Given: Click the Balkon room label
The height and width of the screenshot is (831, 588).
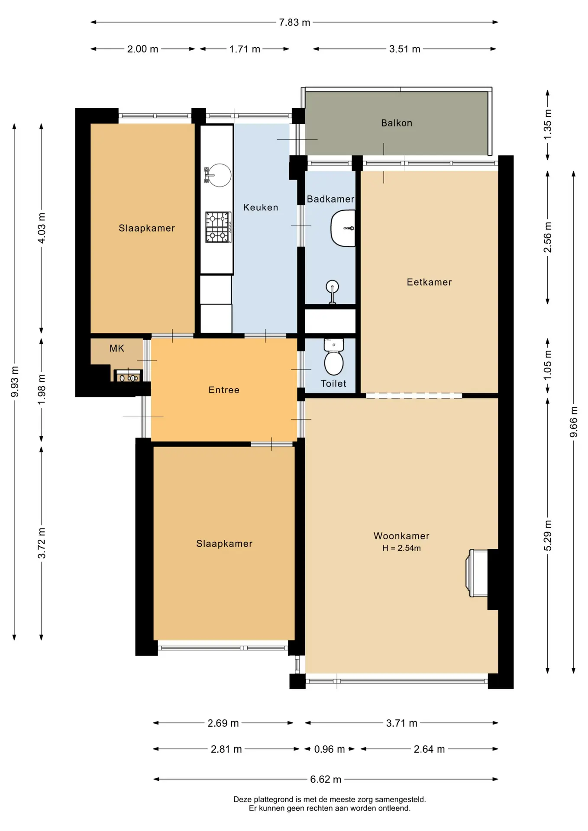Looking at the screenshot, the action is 396,123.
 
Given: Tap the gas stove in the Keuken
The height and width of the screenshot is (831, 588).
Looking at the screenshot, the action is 218,227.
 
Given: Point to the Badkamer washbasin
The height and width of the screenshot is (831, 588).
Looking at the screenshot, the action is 343,228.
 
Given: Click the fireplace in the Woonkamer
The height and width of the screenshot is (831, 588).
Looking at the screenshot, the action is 477,573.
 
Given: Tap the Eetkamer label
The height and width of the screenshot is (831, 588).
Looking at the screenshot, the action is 429,282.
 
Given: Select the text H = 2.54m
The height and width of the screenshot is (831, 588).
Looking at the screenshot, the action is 401,548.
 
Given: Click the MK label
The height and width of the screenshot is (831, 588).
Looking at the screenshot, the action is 117,348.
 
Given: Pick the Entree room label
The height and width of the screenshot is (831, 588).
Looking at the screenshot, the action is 224,390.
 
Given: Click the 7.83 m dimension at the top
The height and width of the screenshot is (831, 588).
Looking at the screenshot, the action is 294,23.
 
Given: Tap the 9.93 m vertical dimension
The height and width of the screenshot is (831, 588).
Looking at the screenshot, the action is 15,381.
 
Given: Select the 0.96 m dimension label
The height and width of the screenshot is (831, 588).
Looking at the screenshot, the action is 330,749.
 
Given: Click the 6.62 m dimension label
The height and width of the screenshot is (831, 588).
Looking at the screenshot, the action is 326,779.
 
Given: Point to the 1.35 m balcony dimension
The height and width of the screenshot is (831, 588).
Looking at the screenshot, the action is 548,124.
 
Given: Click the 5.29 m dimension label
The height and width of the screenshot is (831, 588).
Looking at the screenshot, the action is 548,535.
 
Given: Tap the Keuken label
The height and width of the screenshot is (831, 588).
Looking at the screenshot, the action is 261,207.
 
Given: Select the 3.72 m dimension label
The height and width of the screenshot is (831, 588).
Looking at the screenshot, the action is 42,543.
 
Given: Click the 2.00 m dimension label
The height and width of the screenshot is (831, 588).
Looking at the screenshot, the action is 142,49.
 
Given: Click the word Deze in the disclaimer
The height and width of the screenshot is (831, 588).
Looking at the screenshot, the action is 242,799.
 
